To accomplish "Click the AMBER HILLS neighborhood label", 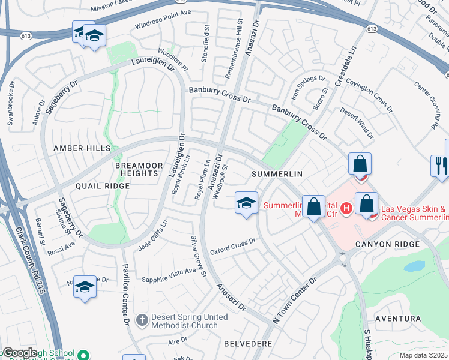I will (82, 148).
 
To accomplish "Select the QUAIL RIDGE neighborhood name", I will (102, 186).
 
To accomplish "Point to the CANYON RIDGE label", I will (385, 244).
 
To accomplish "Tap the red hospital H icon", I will (346, 209).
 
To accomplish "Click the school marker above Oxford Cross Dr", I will (246, 203).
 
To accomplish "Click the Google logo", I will (20, 353).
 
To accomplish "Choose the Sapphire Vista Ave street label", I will (169, 275).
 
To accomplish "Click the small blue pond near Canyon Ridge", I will (414, 266).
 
